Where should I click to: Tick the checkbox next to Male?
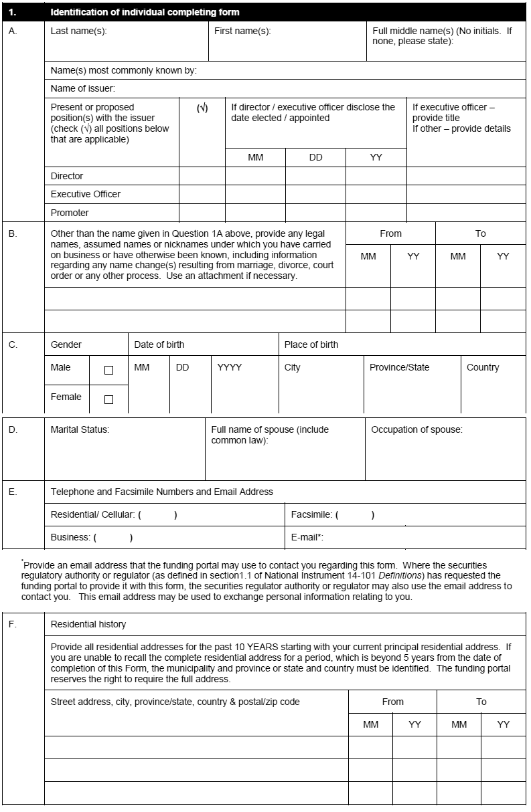click(x=108, y=370)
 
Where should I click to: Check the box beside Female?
click(x=108, y=399)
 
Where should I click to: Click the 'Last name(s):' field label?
click(x=78, y=31)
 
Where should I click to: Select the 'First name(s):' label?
click(x=242, y=31)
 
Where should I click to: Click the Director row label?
click(x=67, y=176)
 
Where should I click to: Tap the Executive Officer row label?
click(x=86, y=194)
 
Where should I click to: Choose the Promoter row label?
click(x=70, y=213)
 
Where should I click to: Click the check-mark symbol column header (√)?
click(x=202, y=108)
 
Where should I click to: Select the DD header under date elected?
click(x=315, y=158)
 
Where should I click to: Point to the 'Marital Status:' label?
click(x=80, y=429)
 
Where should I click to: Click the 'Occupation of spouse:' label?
click(x=416, y=429)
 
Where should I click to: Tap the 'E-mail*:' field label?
click(x=307, y=537)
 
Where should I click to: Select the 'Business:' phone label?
click(x=70, y=537)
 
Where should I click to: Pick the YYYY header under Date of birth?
click(x=230, y=367)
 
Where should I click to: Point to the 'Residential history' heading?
click(x=88, y=624)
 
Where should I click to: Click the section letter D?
click(x=13, y=429)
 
